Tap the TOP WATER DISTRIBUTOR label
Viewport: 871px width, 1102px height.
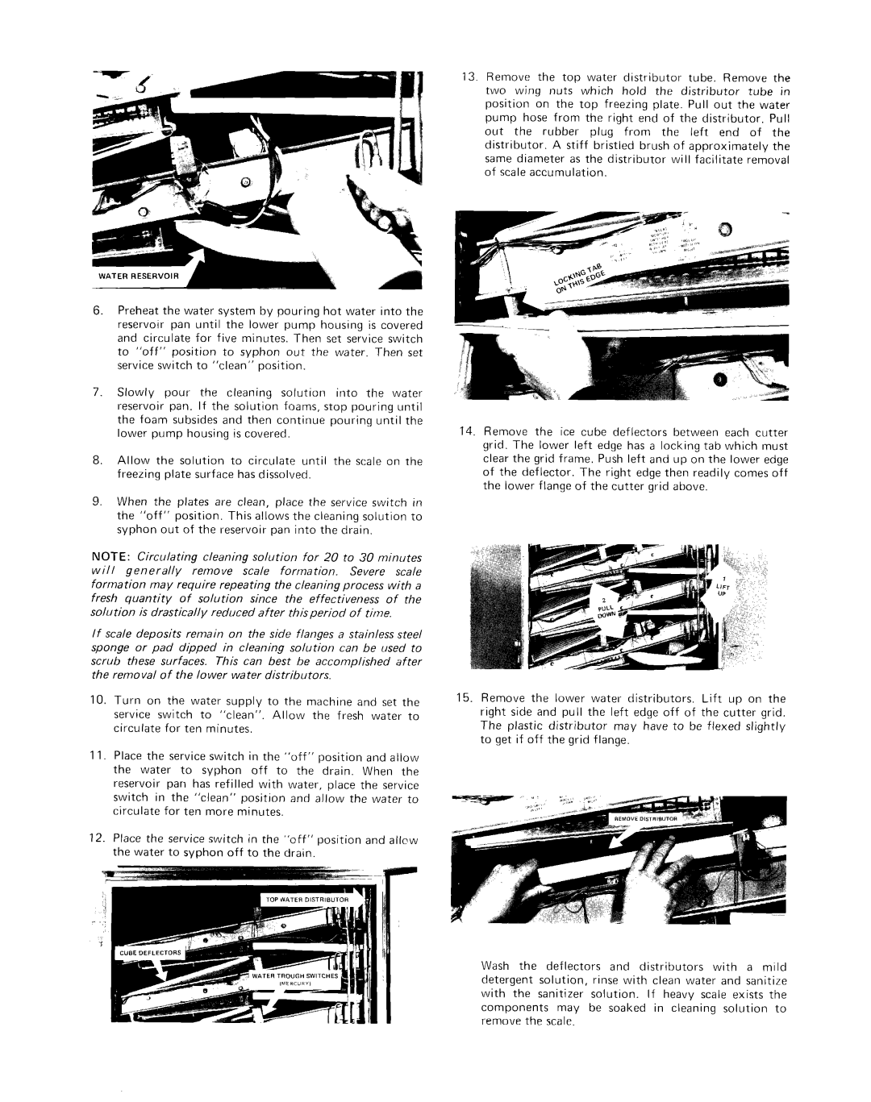(303, 899)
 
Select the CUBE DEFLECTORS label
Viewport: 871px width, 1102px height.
(154, 952)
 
